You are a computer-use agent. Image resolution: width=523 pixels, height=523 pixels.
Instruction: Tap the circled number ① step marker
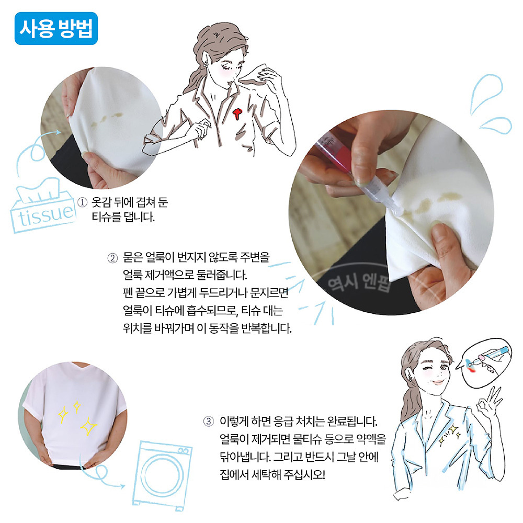point(83,202)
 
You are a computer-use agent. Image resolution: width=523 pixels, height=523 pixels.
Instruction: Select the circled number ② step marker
point(112,258)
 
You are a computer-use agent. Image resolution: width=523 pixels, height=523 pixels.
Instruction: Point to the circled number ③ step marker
point(209,421)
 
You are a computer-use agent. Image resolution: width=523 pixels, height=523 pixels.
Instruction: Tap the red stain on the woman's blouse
point(237,112)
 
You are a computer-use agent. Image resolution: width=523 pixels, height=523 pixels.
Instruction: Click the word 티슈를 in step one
point(107,217)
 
